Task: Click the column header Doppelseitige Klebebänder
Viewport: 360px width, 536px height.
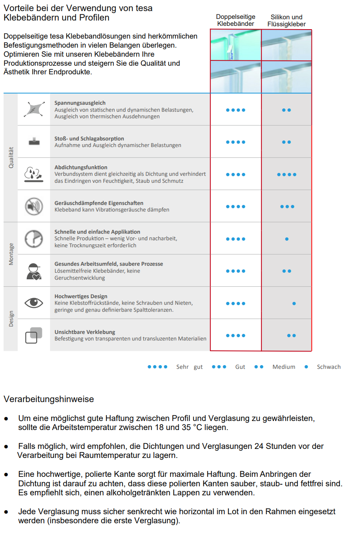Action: tap(235, 20)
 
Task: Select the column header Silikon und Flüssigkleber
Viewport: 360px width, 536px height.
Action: tap(286, 21)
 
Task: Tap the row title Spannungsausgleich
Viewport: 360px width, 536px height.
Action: tap(80, 103)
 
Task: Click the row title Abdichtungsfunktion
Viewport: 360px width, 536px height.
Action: tap(81, 167)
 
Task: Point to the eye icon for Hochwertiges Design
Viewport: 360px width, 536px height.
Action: tap(34, 303)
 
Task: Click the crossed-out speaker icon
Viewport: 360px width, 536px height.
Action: tap(34, 206)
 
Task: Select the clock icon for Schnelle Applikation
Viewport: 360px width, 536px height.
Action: tap(34, 239)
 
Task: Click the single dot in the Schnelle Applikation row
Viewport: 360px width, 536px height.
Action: tap(287, 239)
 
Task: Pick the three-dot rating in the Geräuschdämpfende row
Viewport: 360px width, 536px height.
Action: tap(287, 207)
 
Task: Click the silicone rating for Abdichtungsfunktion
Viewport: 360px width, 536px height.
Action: tap(286, 175)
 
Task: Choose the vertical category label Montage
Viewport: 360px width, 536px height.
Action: tap(11, 254)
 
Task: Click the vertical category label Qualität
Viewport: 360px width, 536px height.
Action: tap(11, 158)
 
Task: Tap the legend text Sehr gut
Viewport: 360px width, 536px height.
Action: tap(189, 367)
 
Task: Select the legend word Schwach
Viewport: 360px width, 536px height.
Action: tap(328, 367)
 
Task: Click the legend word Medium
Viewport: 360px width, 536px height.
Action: tap(284, 367)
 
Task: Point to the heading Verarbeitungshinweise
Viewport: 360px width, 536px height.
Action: tap(48, 399)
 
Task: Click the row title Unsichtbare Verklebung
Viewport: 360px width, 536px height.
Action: tap(85, 332)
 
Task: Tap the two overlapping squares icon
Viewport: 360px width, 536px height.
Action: tap(34, 335)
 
